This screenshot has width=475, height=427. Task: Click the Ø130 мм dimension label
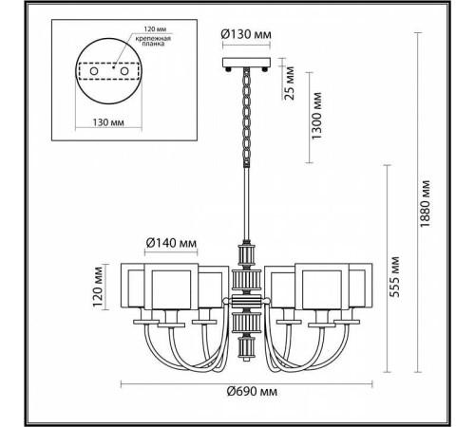click(245, 36)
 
